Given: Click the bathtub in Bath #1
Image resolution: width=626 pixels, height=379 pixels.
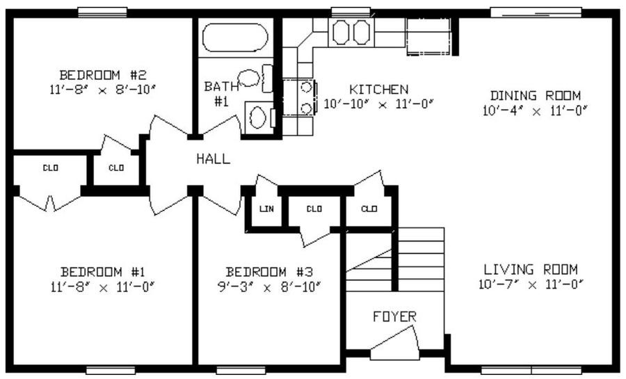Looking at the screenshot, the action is click(235, 38).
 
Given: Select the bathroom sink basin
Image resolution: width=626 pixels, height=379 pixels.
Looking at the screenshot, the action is click(248, 78).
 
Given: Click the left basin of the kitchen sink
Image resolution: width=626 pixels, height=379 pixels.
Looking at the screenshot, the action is click(341, 32).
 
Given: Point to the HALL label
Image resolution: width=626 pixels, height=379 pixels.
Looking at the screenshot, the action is click(214, 159).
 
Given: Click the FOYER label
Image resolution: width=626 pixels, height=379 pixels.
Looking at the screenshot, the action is click(394, 316).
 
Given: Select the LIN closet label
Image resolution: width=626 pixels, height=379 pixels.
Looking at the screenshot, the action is click(266, 209).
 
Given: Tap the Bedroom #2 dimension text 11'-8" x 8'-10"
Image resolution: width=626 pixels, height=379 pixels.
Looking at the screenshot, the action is click(102, 90).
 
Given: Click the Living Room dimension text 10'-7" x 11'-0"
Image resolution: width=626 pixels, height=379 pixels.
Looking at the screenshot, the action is click(531, 284).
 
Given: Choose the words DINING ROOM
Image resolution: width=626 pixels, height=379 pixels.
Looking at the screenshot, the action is click(536, 95).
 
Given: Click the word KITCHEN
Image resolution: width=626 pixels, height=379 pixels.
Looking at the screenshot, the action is click(379, 89).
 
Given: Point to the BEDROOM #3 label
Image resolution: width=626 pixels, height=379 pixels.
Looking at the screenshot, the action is click(269, 272).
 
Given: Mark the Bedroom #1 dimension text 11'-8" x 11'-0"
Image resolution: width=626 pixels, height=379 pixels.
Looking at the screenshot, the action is click(103, 287).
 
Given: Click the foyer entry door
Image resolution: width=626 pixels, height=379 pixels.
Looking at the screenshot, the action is click(394, 343).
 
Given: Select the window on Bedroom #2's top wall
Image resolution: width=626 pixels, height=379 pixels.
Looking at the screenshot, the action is click(102, 13).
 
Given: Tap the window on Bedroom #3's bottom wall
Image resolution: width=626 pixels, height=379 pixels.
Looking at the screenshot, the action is click(241, 370).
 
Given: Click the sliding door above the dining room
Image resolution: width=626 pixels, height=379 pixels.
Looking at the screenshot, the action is click(536, 13).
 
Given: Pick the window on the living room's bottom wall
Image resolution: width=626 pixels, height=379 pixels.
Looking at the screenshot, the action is click(531, 370).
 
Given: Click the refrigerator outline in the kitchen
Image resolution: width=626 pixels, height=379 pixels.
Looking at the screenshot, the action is click(428, 36).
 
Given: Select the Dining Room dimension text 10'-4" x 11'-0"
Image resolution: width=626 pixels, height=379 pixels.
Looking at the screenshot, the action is click(535, 111).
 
